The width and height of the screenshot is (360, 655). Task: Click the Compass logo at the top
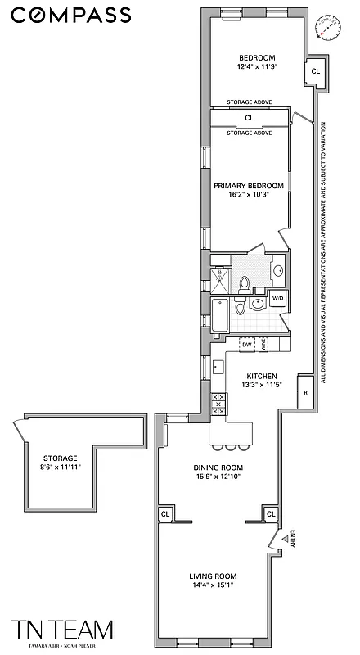[x=70, y=14]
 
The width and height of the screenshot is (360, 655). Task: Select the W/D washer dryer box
[x=277, y=298]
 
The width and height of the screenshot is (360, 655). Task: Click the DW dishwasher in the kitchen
[x=246, y=346]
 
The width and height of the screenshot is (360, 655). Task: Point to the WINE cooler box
[x=264, y=346]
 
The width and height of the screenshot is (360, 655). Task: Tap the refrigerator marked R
[x=304, y=391]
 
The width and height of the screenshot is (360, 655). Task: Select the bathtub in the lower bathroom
[x=221, y=317]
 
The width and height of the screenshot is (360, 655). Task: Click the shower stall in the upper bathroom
[x=220, y=278]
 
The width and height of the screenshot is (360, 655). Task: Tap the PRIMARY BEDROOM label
[x=249, y=186]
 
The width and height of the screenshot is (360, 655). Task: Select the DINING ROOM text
[x=218, y=468]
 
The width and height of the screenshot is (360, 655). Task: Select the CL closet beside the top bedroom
[x=315, y=72]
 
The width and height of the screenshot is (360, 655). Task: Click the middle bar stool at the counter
[x=230, y=447]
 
